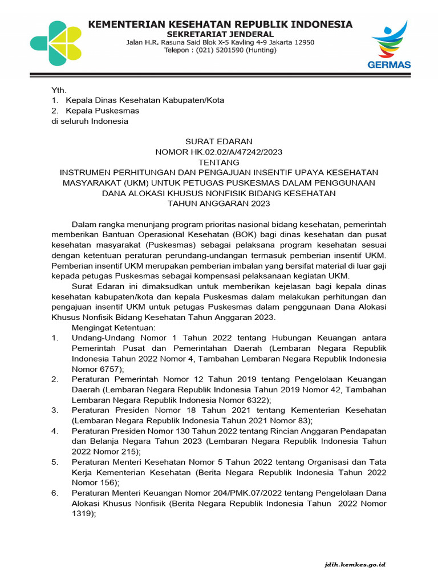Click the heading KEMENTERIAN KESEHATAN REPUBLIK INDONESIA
tap(220, 24)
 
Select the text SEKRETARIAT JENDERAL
tap(220, 34)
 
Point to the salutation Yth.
tap(59, 90)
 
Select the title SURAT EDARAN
tap(219, 141)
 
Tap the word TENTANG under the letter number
tap(219, 162)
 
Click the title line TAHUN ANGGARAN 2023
tap(219, 203)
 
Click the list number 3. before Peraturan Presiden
tap(55, 410)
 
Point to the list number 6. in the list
tap(55, 492)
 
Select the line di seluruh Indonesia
tap(90, 121)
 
